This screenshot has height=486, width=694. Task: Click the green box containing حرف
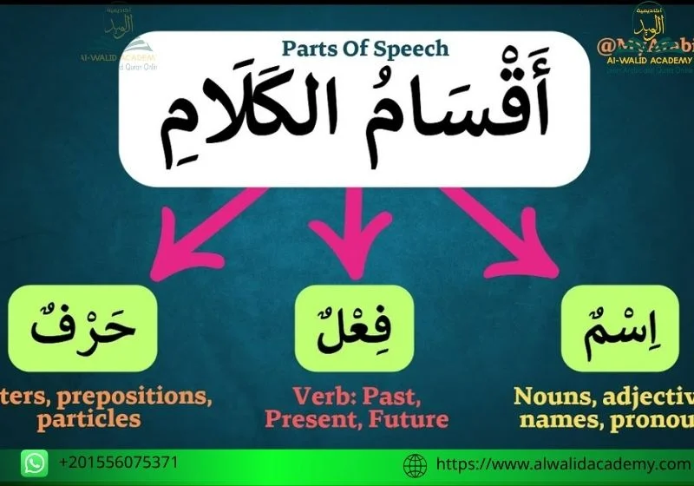pos(82,328)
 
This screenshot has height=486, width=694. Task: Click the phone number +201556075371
pos(119,463)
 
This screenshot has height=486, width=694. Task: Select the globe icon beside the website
pos(416,464)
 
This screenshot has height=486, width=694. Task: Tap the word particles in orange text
pos(88,418)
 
